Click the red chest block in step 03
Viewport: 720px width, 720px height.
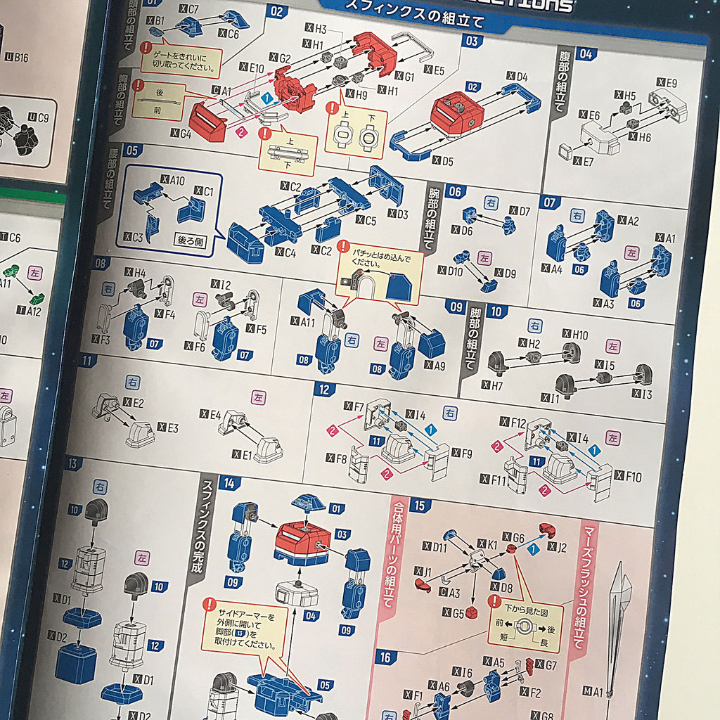(x=458, y=112)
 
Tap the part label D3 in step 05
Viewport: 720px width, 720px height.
(x=397, y=214)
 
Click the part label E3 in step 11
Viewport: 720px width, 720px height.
(x=172, y=427)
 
